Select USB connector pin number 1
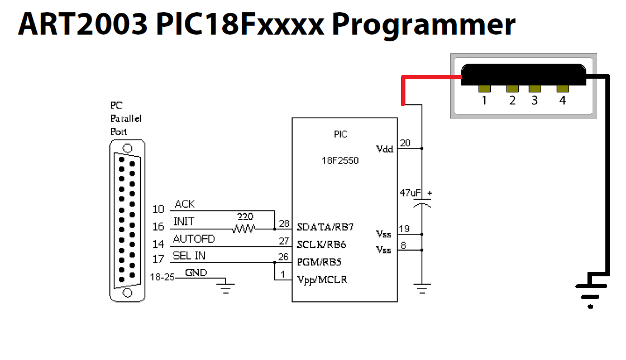pos(484,100)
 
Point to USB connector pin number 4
pos(562,100)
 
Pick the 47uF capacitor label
pos(410,193)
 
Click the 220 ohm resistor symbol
pos(244,228)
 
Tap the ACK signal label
pos(185,204)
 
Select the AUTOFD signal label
pos(194,239)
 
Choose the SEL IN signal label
pos(189,256)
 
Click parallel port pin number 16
pos(159,227)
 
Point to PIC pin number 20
pos(405,143)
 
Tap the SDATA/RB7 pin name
pos(325,228)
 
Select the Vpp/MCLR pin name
pos(322,279)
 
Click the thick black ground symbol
pos(591,291)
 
